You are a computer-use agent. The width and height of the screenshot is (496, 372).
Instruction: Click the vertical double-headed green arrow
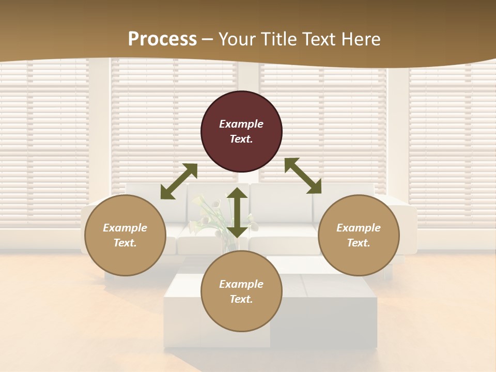(237, 212)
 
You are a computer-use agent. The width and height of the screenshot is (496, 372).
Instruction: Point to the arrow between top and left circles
(179, 181)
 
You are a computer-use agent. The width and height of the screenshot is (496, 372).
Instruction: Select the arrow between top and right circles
(303, 176)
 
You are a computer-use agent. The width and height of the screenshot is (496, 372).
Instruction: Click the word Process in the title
(162, 39)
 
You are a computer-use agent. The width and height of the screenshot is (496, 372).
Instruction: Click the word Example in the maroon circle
(241, 124)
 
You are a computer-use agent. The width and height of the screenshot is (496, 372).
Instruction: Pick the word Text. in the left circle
(125, 243)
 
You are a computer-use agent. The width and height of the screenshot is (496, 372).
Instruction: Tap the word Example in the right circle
(359, 228)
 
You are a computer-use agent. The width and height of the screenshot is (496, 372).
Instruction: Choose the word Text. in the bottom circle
(241, 299)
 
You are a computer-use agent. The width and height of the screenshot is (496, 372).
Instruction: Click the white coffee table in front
(320, 310)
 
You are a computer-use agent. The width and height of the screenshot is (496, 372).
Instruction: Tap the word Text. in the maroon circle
(241, 139)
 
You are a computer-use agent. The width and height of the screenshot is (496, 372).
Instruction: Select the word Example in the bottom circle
(241, 284)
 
